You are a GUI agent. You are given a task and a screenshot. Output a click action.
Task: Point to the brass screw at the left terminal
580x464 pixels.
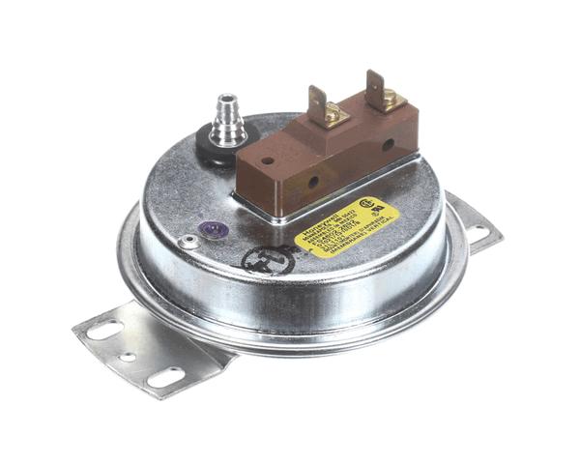[332, 115]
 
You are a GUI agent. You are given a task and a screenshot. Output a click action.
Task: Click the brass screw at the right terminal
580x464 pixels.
[388, 98]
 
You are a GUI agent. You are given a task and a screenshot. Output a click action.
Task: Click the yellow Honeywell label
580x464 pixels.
[348, 226]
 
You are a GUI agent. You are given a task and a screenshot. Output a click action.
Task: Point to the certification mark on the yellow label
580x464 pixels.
[366, 205]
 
